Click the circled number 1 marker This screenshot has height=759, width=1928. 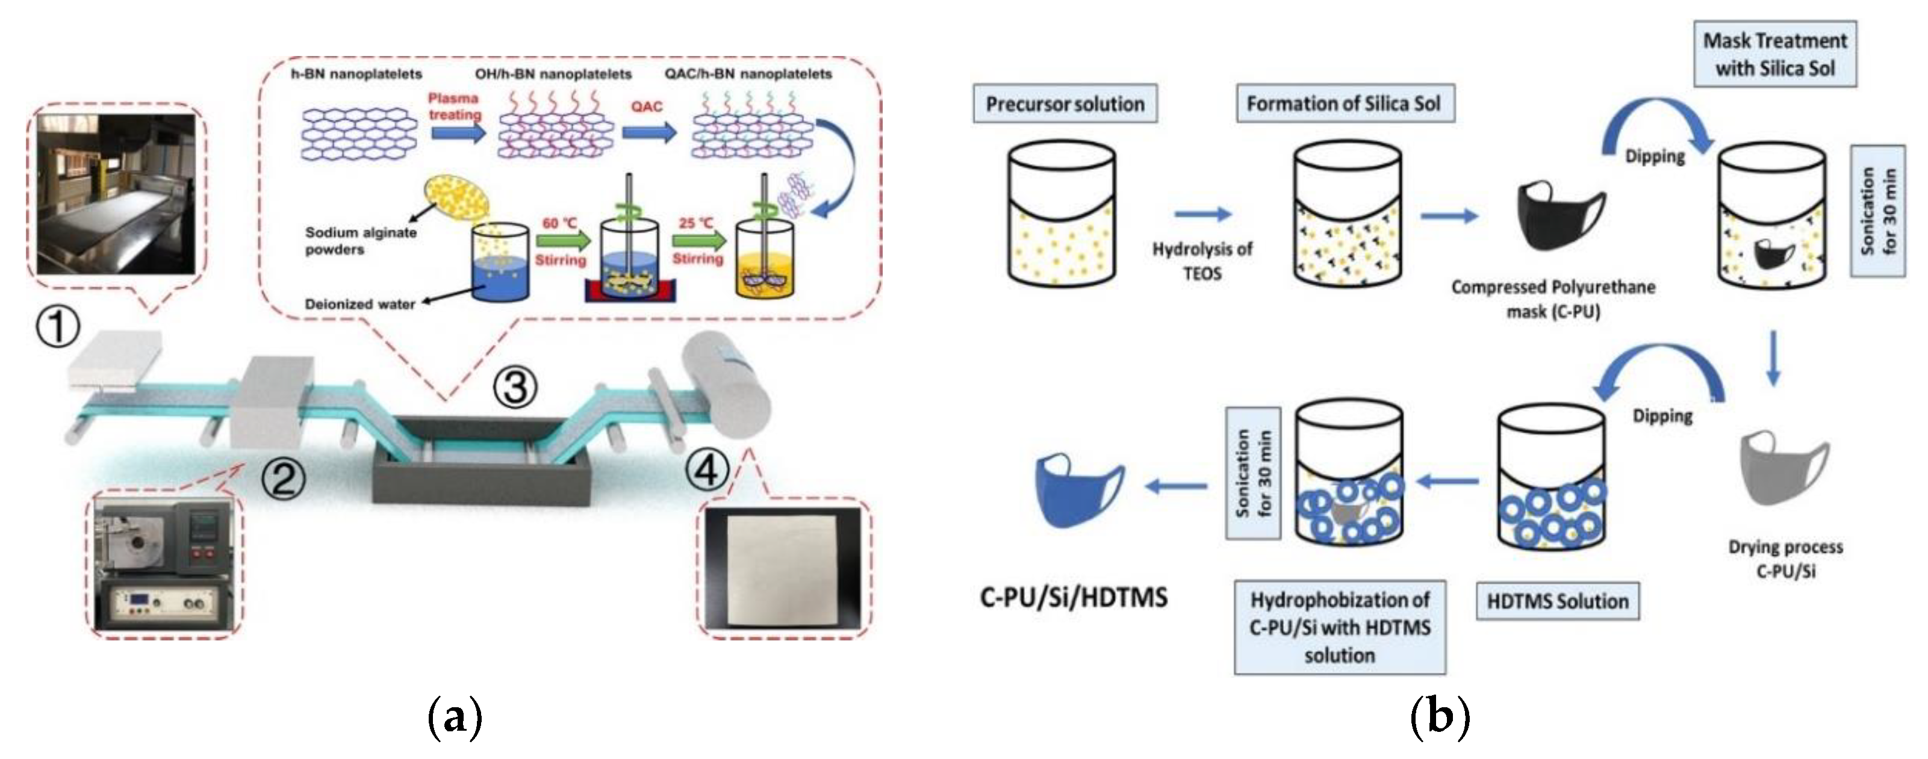click(58, 329)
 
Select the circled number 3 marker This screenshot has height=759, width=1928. click(515, 388)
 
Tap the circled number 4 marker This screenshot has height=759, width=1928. click(706, 472)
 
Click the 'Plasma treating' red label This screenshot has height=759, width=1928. click(455, 107)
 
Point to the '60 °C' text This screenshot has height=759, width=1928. click(560, 223)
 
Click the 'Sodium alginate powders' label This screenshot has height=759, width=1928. click(360, 240)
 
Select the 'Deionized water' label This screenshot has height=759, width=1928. click(360, 305)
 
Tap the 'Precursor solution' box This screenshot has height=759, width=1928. click(1065, 104)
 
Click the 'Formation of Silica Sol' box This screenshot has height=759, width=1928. click(1343, 104)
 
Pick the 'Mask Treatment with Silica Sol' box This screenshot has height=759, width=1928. click(1774, 54)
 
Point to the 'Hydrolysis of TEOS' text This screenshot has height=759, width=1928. click(1202, 261)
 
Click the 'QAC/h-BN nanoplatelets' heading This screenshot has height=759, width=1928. click(748, 74)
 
